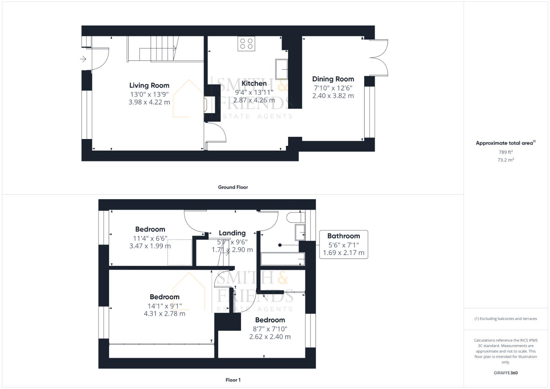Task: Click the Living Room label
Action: tap(149, 85)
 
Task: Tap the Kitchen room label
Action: tap(254, 83)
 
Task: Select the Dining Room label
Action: tap(333, 79)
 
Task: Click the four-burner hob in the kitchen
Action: tap(246, 44)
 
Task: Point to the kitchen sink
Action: tap(282, 69)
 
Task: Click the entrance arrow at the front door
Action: tap(83, 59)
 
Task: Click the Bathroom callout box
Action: tap(343, 244)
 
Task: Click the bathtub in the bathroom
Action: tap(283, 259)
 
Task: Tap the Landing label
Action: tap(232, 233)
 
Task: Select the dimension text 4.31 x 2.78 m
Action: tap(165, 313)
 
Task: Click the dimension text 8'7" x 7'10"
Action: tap(270, 328)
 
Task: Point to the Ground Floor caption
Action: tap(233, 187)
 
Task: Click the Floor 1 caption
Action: tap(233, 380)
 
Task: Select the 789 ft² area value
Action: tap(505, 152)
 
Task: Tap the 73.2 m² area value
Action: tap(505, 160)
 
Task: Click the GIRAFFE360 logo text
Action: tap(505, 373)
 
